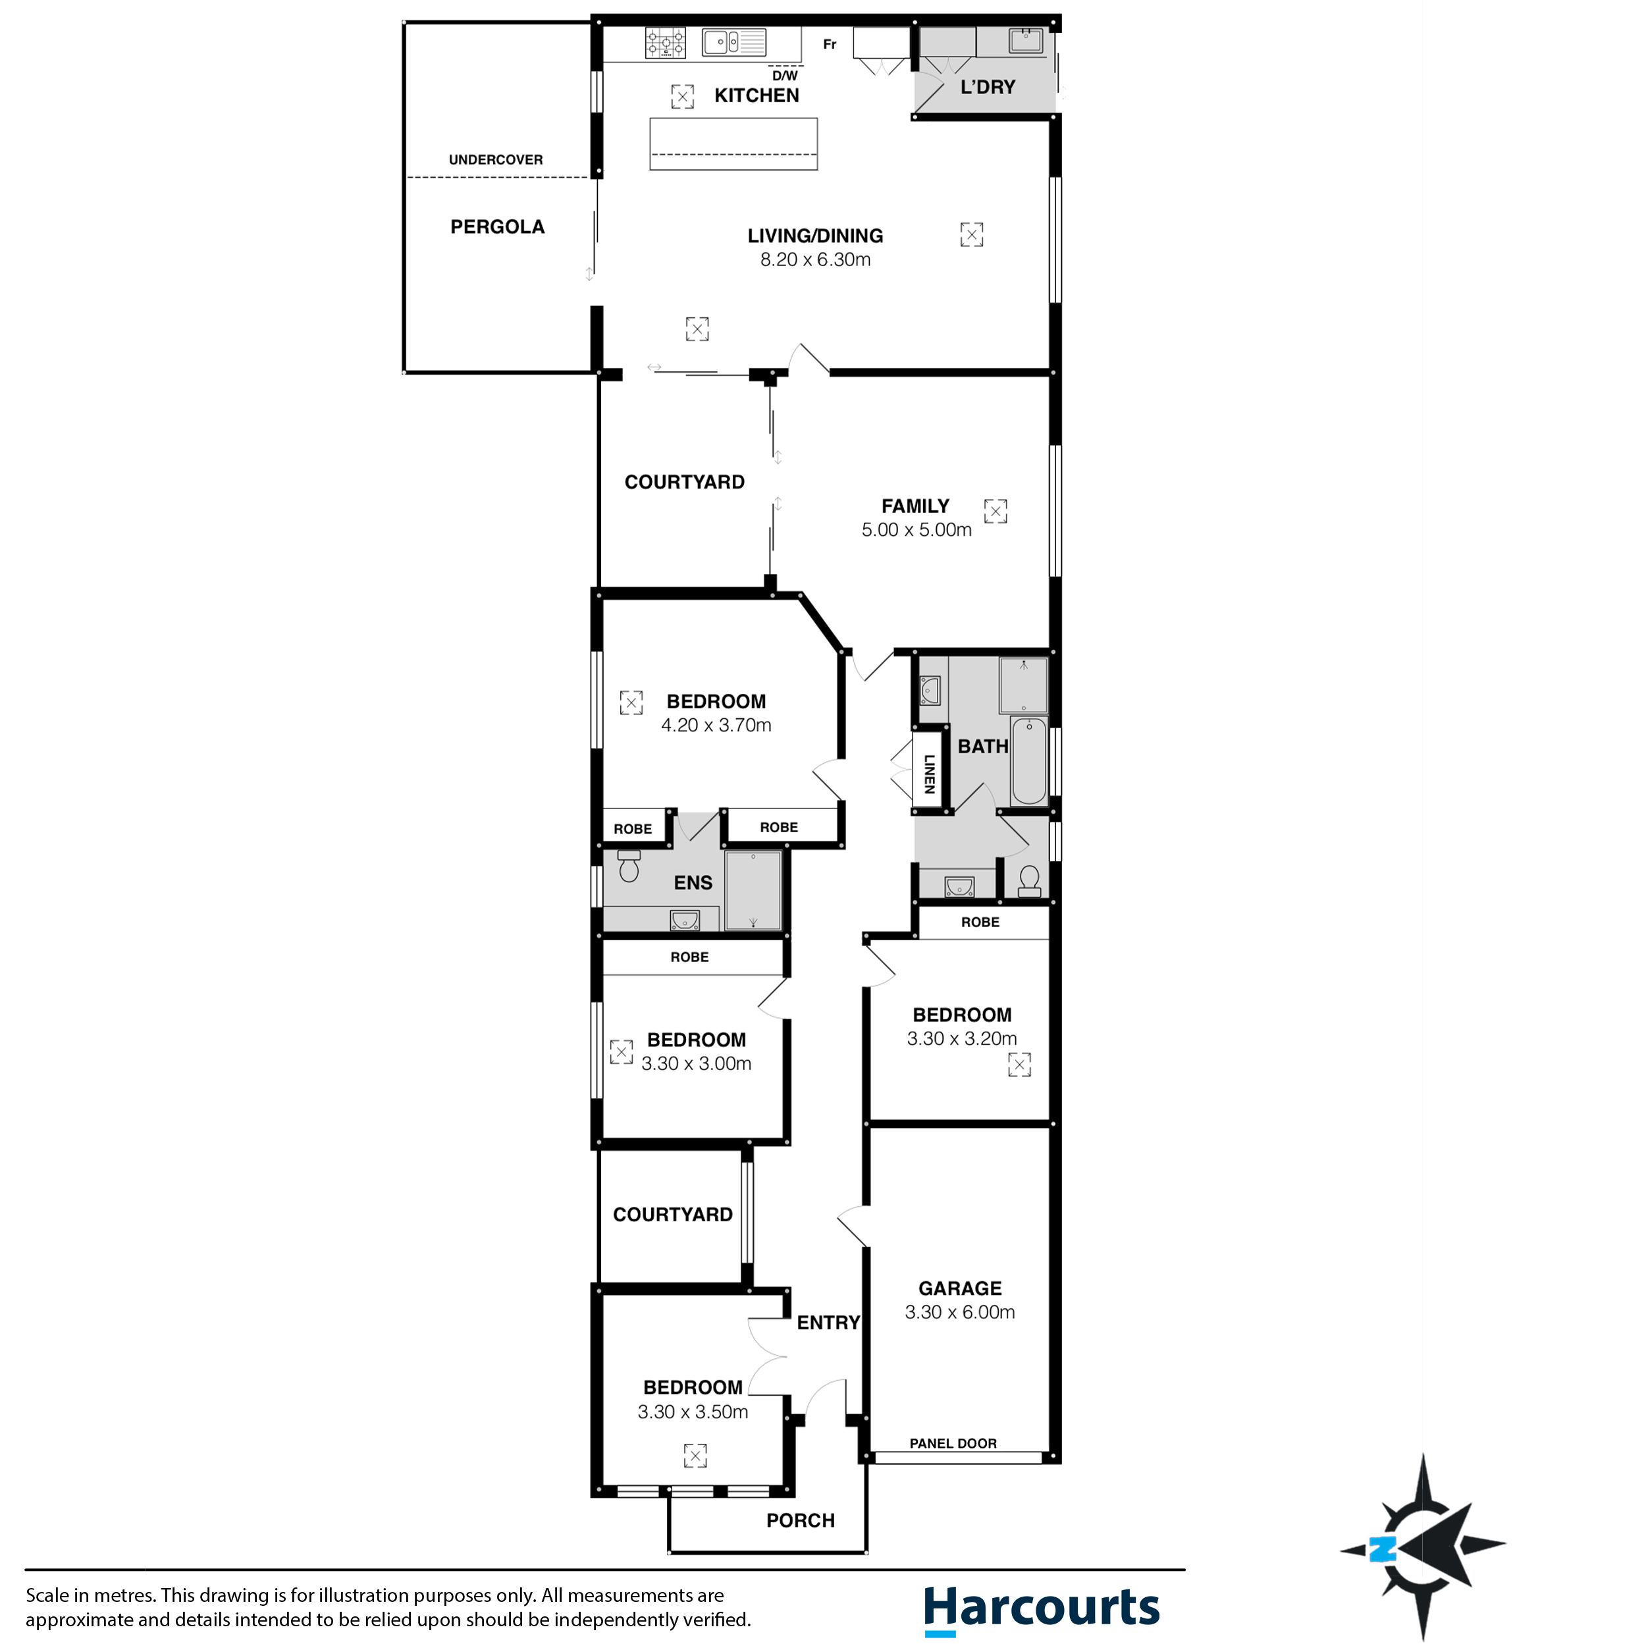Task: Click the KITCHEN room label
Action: click(x=756, y=95)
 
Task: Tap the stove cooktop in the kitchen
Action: click(x=664, y=43)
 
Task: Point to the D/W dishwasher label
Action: click(x=785, y=76)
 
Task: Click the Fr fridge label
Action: click(x=829, y=44)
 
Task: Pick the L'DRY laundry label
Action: click(x=988, y=87)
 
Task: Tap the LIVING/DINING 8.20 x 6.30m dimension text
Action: click(x=814, y=260)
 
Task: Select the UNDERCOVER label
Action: click(x=495, y=159)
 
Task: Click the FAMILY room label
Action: click(x=915, y=506)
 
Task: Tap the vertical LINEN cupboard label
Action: click(x=930, y=774)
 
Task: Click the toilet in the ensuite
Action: click(x=629, y=866)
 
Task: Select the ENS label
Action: click(x=693, y=883)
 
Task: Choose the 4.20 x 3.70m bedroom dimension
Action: click(x=716, y=725)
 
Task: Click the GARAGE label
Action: click(x=959, y=1288)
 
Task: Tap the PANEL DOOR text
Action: click(x=953, y=1443)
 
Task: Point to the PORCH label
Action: click(x=800, y=1521)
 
